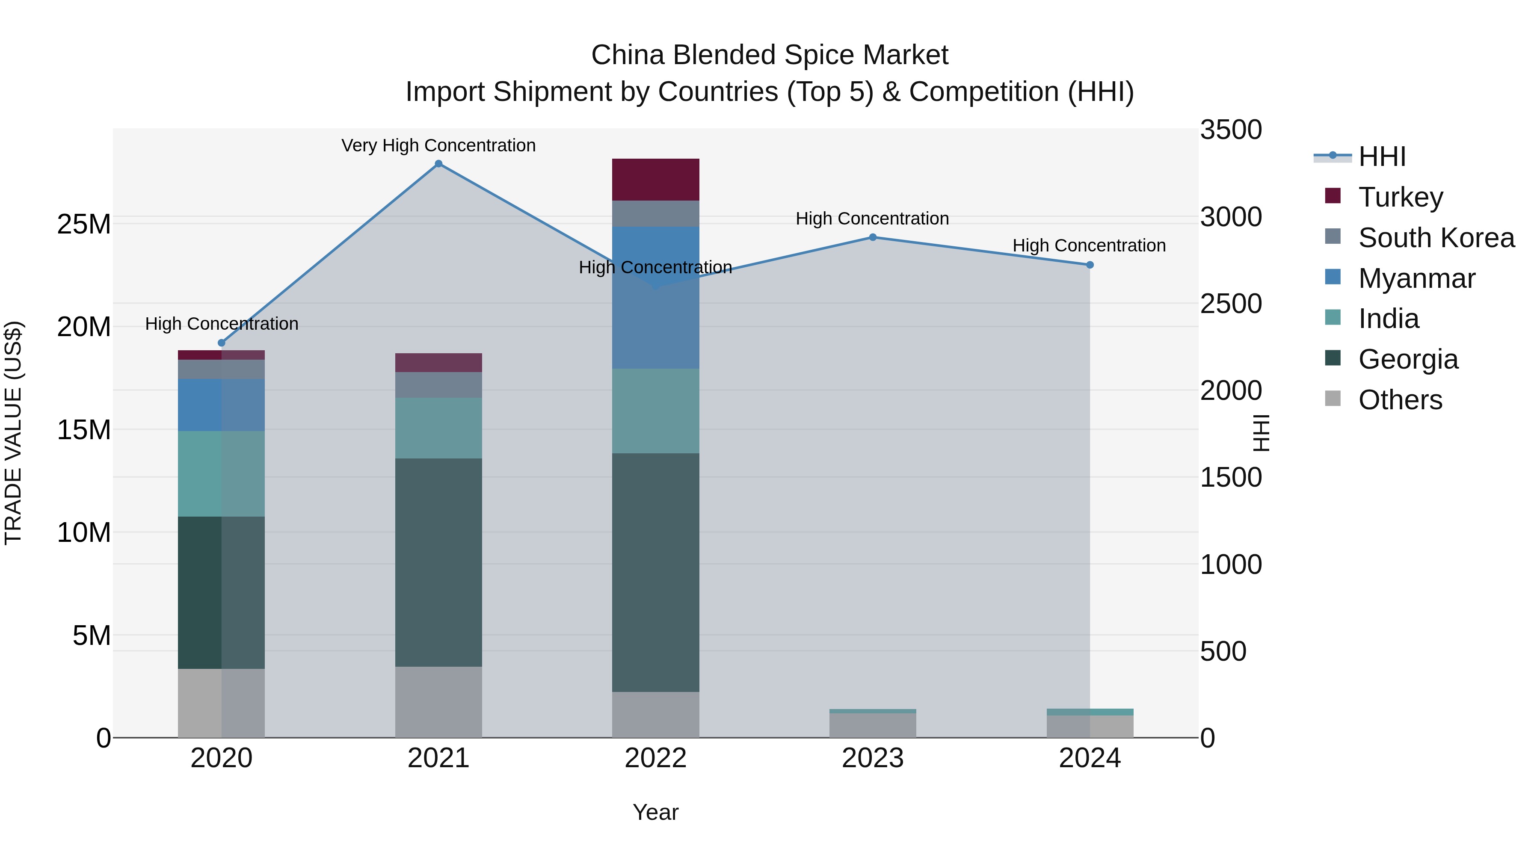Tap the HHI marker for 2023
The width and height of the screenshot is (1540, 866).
[x=872, y=237]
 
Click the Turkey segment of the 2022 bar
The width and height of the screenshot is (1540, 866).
[x=655, y=179]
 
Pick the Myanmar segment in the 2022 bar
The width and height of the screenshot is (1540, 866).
[x=655, y=297]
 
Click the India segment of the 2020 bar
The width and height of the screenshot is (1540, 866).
[x=221, y=473]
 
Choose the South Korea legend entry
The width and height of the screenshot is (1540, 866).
[x=1436, y=238]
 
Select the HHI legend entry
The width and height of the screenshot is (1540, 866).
[x=1382, y=157]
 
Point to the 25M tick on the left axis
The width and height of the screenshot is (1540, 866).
[x=84, y=225]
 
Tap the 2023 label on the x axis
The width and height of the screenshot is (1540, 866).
[x=872, y=758]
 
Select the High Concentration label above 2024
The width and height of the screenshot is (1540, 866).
[x=1089, y=245]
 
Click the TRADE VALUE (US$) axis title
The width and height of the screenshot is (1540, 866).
[x=13, y=433]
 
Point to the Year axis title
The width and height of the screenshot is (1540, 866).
[x=655, y=812]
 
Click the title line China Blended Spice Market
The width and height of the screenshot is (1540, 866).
[x=770, y=55]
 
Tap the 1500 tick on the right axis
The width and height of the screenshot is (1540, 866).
[x=1230, y=478]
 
